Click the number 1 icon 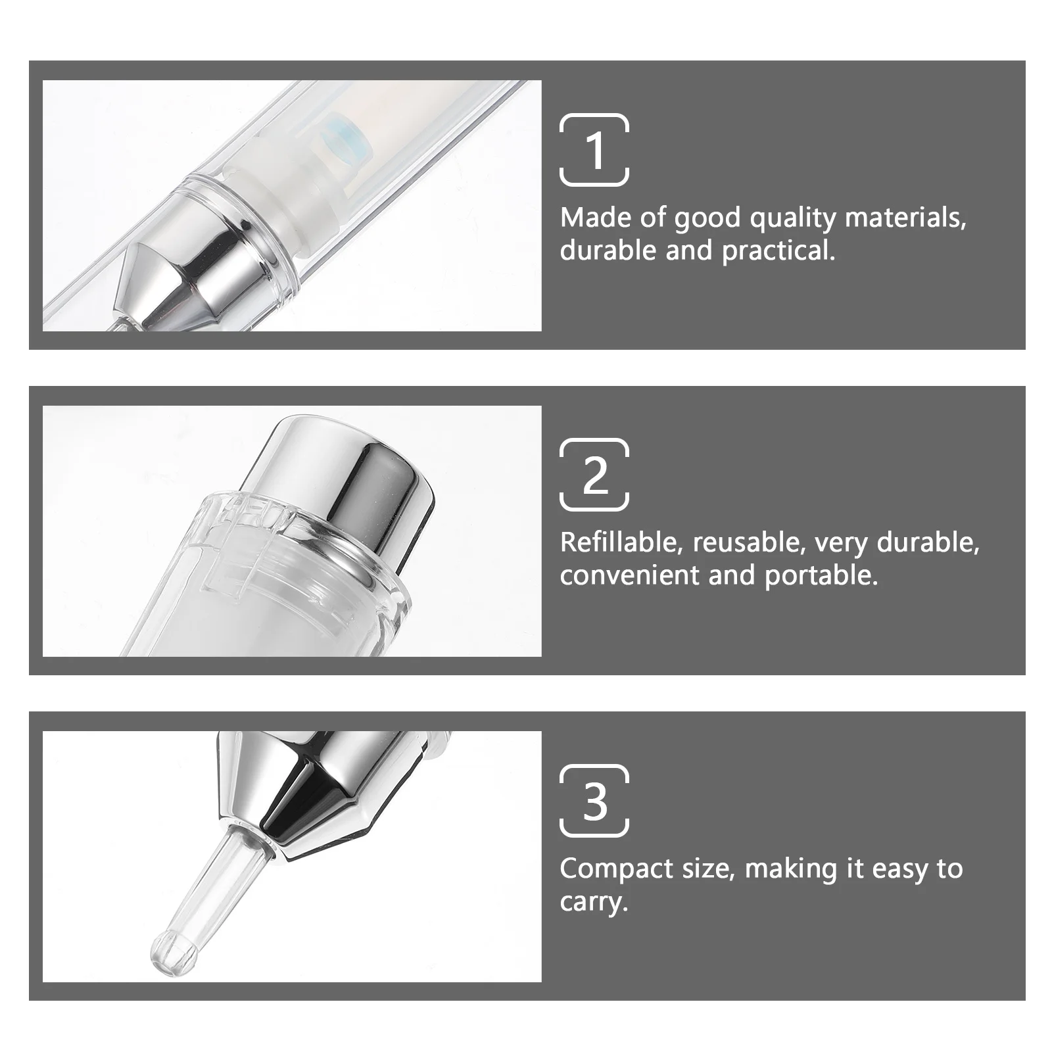pos(594,151)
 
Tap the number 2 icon pos(594,475)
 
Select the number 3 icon pos(594,801)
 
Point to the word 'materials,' pos(905,218)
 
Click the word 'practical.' pos(778,251)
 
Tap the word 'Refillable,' pos(621,542)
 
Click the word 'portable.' pos(821,576)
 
